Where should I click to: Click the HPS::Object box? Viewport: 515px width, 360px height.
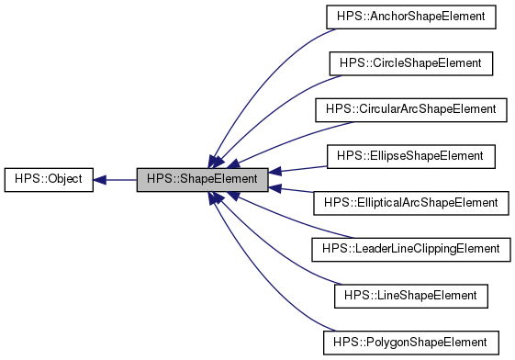coord(49,179)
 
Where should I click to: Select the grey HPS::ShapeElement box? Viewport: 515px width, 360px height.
coord(203,179)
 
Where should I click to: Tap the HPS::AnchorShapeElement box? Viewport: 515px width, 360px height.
coord(411,17)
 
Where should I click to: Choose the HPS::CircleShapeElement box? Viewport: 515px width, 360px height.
coord(411,63)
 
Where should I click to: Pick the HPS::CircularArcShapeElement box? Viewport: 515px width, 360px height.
coord(411,109)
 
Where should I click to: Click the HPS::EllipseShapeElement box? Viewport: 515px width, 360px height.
coord(411,156)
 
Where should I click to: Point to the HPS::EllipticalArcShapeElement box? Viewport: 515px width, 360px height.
coord(411,202)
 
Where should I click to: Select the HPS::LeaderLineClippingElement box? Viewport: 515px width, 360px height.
coord(411,249)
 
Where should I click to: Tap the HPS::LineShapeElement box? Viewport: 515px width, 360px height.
coord(411,295)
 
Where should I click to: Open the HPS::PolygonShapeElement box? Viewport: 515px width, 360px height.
coord(411,342)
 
